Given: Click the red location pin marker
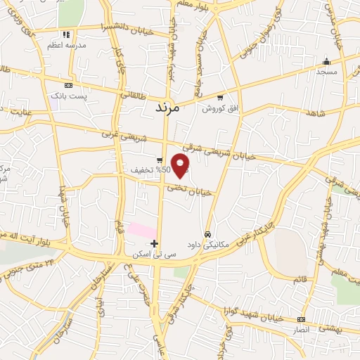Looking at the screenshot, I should pyautogui.click(x=181, y=166).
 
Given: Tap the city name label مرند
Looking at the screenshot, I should pyautogui.click(x=167, y=109).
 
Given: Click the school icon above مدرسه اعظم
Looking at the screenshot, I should pyautogui.click(x=65, y=34).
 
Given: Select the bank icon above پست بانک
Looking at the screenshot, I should pyautogui.click(x=68, y=84).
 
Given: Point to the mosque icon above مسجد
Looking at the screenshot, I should pyautogui.click(x=326, y=61).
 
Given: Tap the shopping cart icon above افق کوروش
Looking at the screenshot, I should pyautogui.click(x=220, y=98).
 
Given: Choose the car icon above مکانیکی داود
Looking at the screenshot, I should pyautogui.click(x=207, y=233).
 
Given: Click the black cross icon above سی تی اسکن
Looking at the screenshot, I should pyautogui.click(x=154, y=243).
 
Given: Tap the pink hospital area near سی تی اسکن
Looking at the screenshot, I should pyautogui.click(x=141, y=230).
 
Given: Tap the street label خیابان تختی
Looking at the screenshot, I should pyautogui.click(x=188, y=188).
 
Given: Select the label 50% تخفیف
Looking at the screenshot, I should pyautogui.click(x=146, y=170).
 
